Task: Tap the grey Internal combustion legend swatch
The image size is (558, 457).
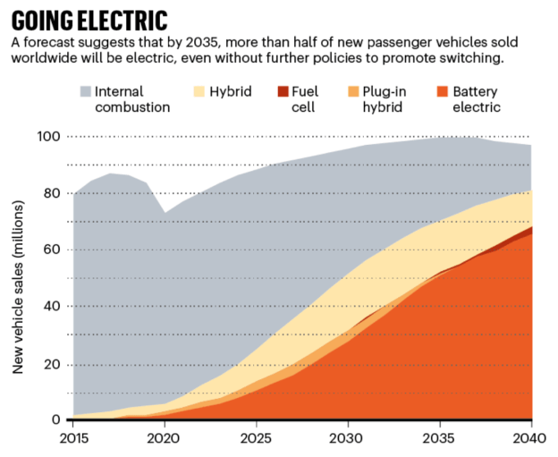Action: click(86, 91)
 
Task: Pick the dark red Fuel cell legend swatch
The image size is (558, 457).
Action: click(283, 91)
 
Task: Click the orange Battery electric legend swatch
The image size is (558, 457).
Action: click(442, 91)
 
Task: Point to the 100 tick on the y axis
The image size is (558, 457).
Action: click(49, 136)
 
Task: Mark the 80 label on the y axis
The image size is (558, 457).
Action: click(53, 193)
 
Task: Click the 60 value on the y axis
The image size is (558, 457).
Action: click(53, 250)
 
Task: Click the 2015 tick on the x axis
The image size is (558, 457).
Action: click(72, 437)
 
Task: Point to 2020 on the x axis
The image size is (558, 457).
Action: click(165, 437)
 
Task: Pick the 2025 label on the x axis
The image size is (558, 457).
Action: click(256, 437)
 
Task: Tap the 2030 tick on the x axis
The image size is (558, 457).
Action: click(348, 437)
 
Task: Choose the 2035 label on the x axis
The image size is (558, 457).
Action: click(439, 437)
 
